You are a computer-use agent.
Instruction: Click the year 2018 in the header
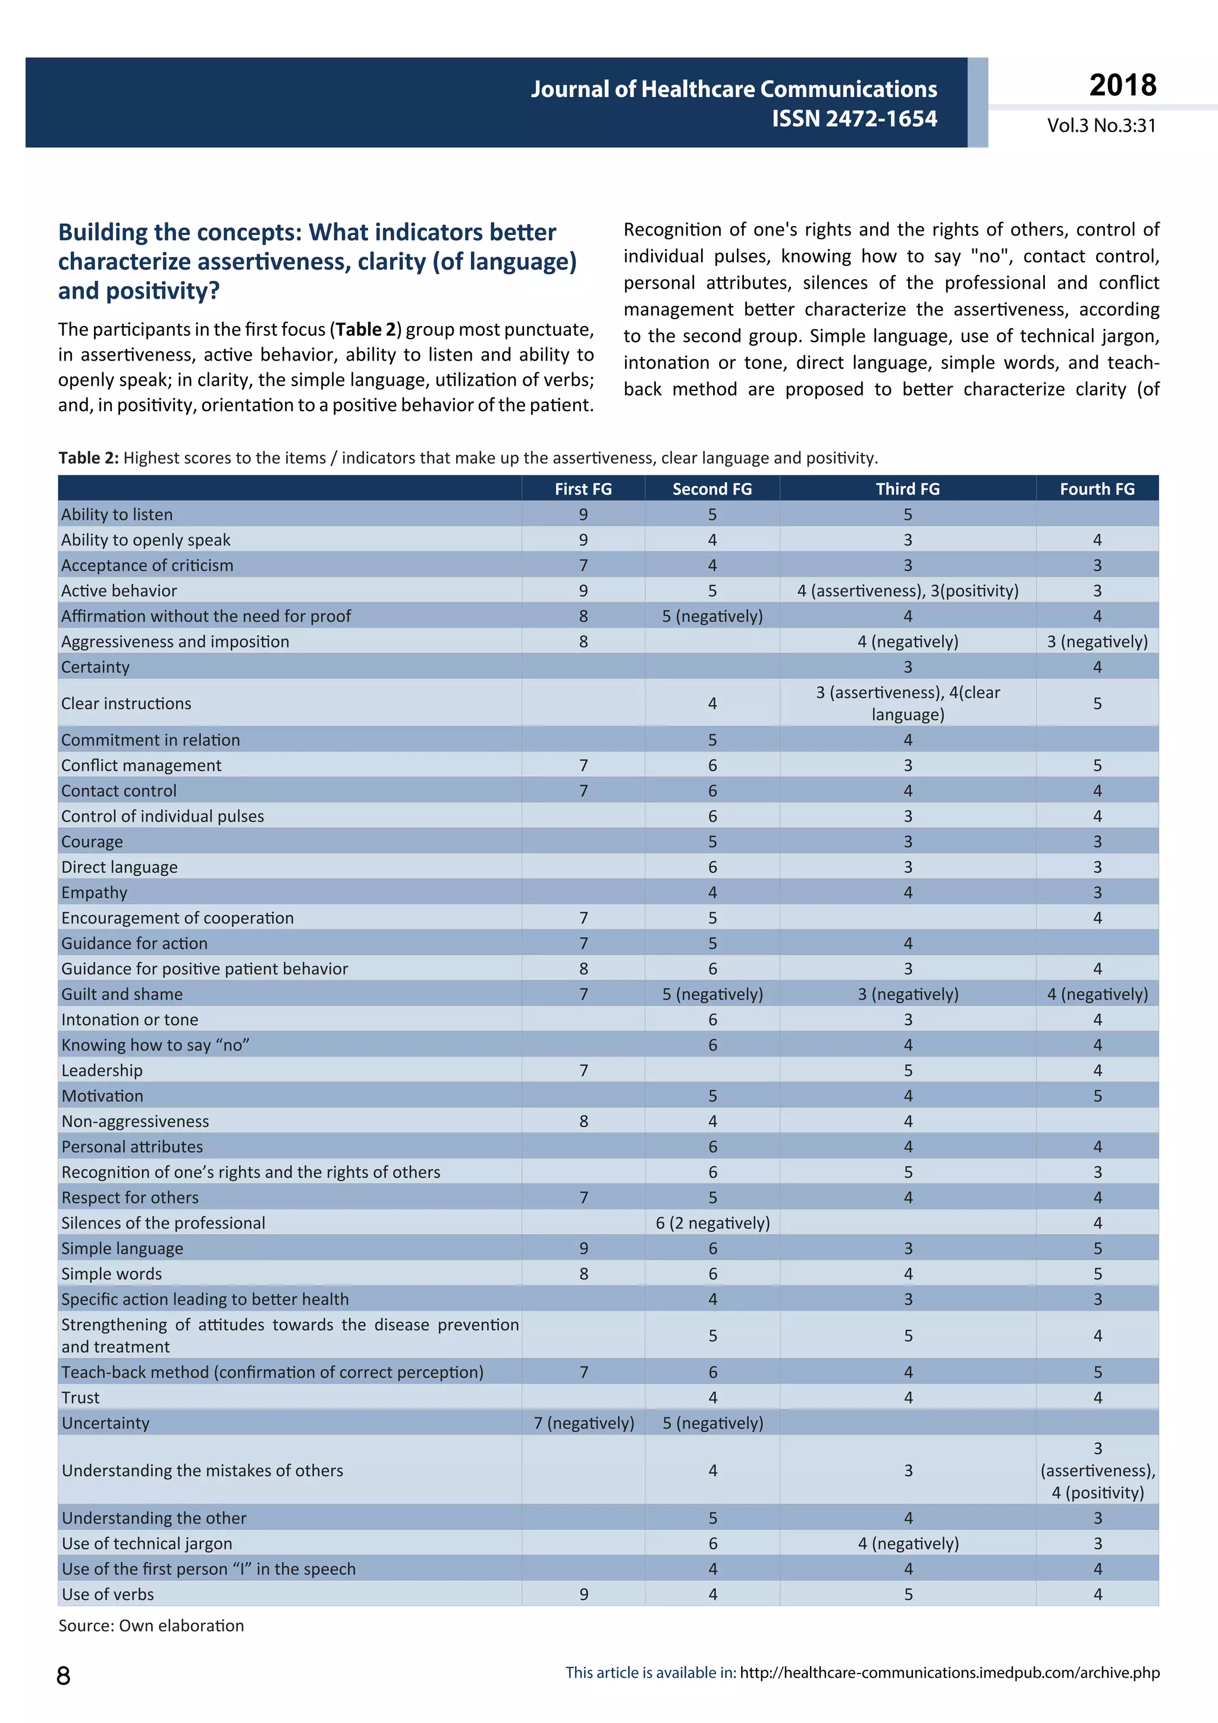[1122, 85]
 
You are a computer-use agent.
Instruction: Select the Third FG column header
[908, 488]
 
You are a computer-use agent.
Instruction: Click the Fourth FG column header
[1097, 488]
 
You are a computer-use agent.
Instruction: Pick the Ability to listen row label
[117, 514]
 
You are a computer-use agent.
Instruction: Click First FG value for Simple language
[583, 1248]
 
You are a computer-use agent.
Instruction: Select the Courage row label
[92, 841]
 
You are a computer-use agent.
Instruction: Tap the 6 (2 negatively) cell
[712, 1223]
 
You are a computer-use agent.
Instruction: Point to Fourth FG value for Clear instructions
[1097, 703]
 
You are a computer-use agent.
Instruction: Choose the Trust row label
[81, 1398]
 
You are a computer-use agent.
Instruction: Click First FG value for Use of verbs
[583, 1594]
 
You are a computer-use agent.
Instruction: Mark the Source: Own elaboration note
[152, 1625]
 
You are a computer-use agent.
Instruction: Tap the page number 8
[64, 1676]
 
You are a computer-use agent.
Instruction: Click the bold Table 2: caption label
[89, 458]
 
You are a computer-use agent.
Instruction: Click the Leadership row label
[102, 1070]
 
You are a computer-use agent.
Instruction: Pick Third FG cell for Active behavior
[908, 591]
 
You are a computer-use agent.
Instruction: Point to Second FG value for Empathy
[712, 892]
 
